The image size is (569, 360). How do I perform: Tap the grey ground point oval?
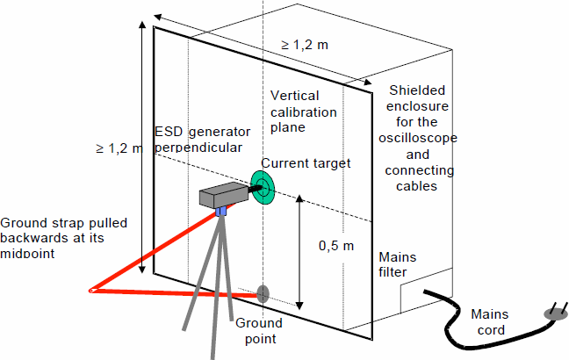(x=263, y=294)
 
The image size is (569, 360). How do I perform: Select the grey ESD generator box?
(x=224, y=195)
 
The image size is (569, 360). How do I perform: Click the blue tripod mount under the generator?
(x=221, y=211)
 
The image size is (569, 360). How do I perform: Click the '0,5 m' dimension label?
(x=336, y=246)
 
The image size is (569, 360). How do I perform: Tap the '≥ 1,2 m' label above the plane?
(x=305, y=45)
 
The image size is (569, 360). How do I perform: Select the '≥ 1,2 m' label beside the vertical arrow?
(x=119, y=148)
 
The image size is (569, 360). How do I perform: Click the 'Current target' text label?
(x=306, y=163)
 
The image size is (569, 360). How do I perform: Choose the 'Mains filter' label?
(x=398, y=264)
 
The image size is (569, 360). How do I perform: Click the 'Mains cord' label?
(x=490, y=322)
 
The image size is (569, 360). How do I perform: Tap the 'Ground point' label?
(x=259, y=331)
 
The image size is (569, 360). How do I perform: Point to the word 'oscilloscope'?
(x=418, y=138)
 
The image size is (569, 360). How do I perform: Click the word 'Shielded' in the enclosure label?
(x=417, y=90)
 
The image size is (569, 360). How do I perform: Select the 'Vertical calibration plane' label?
(x=304, y=112)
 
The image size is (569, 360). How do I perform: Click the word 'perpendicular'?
(x=198, y=148)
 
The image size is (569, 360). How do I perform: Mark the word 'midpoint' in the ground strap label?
(x=27, y=253)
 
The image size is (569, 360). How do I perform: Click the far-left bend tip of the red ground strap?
(x=90, y=291)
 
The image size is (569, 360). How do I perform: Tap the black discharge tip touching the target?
(x=256, y=189)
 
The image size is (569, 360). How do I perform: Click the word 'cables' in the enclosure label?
(x=416, y=186)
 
